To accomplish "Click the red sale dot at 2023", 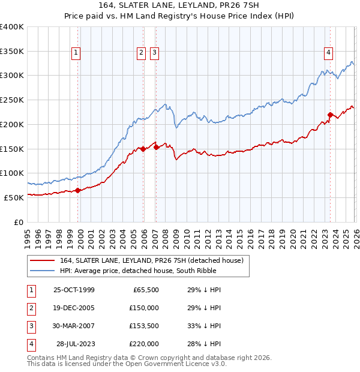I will pos(330,114).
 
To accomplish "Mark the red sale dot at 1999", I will pos(78,190).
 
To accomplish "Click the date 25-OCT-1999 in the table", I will pos(74,290).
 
